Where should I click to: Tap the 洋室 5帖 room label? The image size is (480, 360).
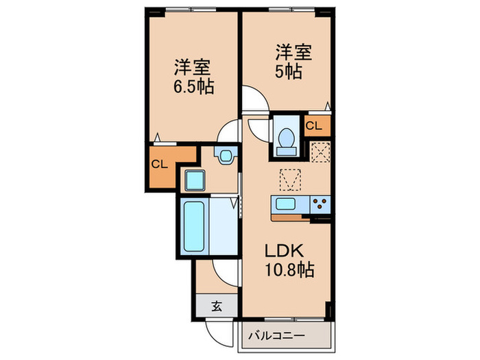(293, 62)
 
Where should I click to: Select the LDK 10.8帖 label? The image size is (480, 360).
(289, 261)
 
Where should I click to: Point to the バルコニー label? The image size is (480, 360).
(276, 336)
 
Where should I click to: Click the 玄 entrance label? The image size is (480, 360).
(217, 306)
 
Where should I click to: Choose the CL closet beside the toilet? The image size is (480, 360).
(317, 125)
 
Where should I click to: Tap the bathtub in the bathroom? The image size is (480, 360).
(194, 226)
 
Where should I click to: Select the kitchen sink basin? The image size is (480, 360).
(286, 204)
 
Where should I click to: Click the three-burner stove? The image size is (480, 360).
(320, 204)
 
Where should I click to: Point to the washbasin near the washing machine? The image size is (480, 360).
(226, 156)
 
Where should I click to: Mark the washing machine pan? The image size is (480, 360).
(194, 180)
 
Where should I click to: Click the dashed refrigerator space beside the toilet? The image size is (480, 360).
(320, 152)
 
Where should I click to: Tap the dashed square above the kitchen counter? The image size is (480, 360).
(290, 180)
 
